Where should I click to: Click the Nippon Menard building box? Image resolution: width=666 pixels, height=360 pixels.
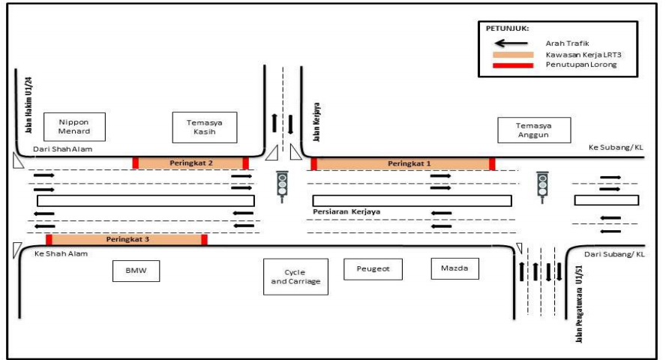tap(73, 127)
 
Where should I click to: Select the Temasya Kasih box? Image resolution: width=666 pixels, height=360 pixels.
tap(203, 127)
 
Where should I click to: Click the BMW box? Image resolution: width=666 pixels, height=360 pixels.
tap(136, 271)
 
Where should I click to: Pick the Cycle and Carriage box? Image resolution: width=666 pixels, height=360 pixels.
tap(295, 277)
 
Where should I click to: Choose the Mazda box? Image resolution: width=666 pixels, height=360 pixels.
tap(454, 268)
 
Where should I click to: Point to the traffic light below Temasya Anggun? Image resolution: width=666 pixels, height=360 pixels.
tap(541, 185)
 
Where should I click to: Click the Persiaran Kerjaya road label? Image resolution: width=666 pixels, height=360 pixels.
tap(346, 212)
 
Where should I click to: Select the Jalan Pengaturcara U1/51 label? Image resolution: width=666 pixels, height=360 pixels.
tap(579, 307)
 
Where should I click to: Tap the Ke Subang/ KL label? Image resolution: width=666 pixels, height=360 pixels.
tap(616, 148)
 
